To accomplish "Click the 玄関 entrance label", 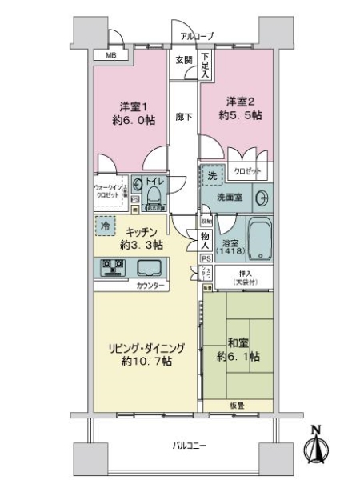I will (183, 60).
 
